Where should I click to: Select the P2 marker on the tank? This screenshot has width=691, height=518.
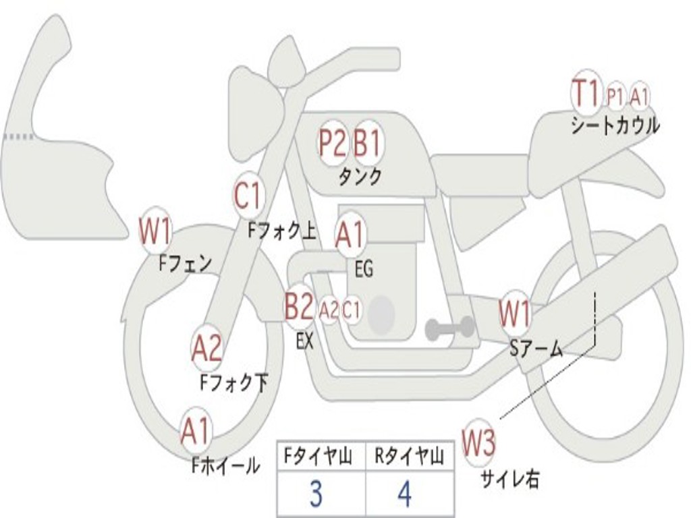(332, 144)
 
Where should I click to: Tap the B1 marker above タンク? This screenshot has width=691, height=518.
(367, 144)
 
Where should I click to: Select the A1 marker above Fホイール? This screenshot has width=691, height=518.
(196, 431)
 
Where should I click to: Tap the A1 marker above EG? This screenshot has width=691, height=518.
(350, 235)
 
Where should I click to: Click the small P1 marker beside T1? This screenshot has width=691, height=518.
(615, 96)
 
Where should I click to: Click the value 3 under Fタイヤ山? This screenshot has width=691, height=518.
(316, 494)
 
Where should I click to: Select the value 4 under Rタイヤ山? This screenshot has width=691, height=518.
(405, 494)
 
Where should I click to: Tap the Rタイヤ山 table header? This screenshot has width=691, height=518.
(410, 457)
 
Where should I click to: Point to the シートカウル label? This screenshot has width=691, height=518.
(615, 125)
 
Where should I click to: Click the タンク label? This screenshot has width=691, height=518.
(360, 177)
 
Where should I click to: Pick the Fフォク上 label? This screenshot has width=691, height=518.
(282, 230)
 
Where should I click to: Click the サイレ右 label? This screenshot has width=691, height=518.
(509, 480)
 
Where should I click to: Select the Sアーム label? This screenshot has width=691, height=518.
(536, 349)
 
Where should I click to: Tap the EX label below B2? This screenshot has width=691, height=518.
(304, 341)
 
